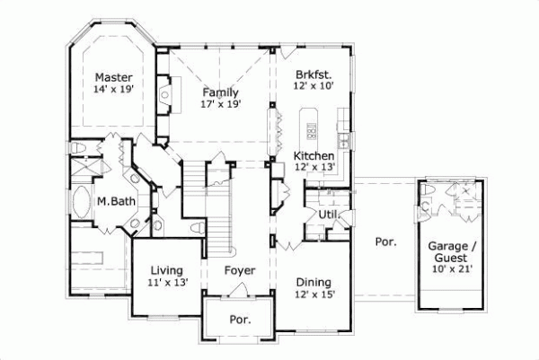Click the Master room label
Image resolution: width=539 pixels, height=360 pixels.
click(x=114, y=77)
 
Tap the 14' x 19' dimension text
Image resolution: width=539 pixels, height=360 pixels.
click(x=114, y=90)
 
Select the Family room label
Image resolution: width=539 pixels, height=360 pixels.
click(x=218, y=92)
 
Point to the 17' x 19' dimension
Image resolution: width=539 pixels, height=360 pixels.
click(x=218, y=104)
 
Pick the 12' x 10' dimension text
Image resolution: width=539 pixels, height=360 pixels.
click(x=313, y=85)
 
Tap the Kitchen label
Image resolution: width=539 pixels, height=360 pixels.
click(x=314, y=155)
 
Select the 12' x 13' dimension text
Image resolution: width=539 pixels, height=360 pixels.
click(x=314, y=168)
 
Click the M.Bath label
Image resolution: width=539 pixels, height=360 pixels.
click(x=116, y=202)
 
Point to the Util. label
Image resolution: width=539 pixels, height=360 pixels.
click(x=327, y=215)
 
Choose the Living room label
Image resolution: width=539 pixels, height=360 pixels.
click(x=166, y=269)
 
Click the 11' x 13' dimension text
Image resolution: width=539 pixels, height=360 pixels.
click(x=166, y=282)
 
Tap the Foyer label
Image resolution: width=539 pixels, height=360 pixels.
click(x=239, y=269)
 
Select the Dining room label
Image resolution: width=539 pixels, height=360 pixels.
click(x=315, y=281)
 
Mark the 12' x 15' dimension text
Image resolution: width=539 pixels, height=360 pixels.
click(x=315, y=294)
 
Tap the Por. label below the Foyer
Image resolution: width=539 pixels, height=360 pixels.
click(x=240, y=319)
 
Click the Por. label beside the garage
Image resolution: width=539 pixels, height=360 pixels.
click(x=385, y=242)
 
